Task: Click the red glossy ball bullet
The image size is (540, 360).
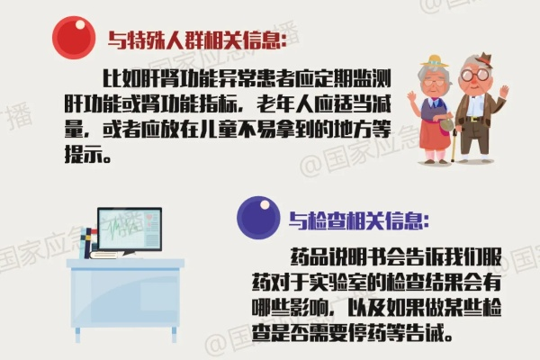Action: click(74, 38)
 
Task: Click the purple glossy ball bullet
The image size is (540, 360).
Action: click(258, 218)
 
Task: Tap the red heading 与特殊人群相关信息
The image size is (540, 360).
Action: click(197, 40)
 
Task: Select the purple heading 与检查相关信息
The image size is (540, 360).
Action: click(359, 220)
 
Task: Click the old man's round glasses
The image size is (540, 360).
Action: click(472, 75)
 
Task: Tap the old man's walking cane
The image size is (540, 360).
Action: click(454, 145)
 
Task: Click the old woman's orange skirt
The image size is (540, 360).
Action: click(434, 134)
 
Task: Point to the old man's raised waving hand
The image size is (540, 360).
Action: click(503, 92)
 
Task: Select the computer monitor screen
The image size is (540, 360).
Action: click(130, 229)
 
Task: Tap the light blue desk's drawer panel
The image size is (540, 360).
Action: click(159, 292)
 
